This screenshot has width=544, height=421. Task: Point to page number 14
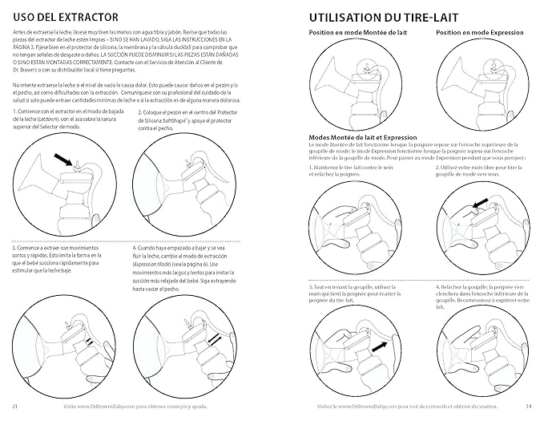click(530, 406)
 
